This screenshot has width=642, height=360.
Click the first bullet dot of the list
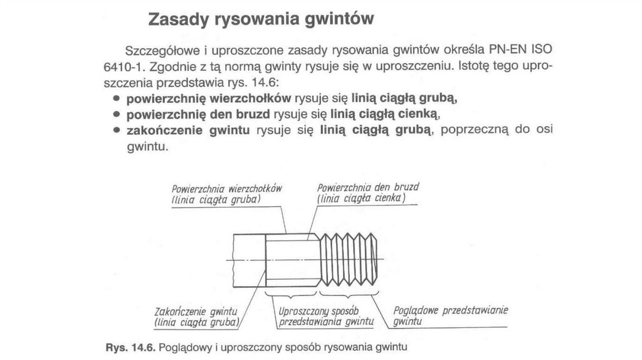pyautogui.click(x=117, y=99)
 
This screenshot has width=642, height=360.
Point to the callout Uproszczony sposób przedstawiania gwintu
pyautogui.click(x=326, y=317)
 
